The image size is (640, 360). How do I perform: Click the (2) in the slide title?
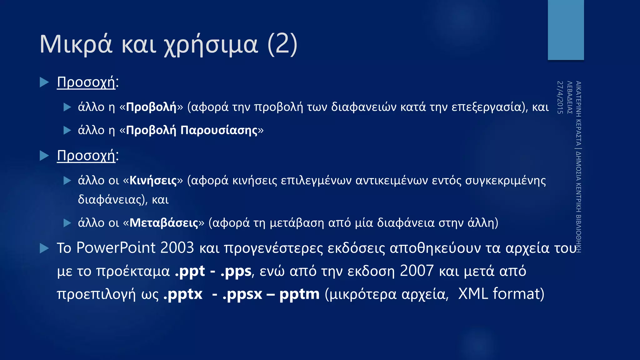[x=282, y=44]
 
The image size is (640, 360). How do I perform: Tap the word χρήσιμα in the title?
[x=211, y=46]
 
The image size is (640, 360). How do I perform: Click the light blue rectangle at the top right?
[x=566, y=30]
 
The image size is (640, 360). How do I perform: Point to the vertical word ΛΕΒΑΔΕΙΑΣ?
[x=569, y=97]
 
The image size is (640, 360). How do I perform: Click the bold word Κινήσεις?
[x=153, y=181]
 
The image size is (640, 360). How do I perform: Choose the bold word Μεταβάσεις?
[x=164, y=223]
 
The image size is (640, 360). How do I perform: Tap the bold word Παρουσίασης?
[x=219, y=130]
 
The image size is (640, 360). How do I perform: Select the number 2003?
[x=177, y=248]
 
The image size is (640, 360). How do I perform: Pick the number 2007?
[x=417, y=271]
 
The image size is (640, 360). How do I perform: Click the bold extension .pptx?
[x=183, y=294]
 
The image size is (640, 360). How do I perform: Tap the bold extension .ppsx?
[x=242, y=294]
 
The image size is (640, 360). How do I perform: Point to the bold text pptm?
[x=299, y=294]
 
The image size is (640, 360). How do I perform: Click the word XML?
[x=473, y=294]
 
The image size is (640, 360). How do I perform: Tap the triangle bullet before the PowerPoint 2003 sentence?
[x=44, y=248]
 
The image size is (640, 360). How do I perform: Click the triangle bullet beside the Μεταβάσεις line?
[x=67, y=223]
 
